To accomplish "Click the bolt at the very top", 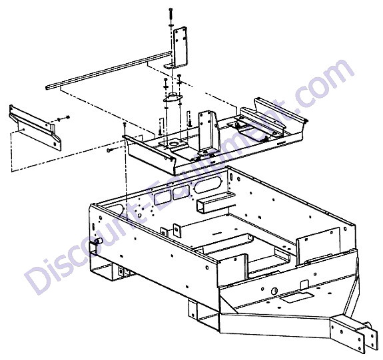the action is (x=171, y=15).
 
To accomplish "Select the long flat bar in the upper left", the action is (x=109, y=71).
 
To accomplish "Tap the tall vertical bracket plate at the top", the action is (x=180, y=48).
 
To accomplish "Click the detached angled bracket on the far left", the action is (x=35, y=127).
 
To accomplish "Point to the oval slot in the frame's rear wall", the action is (x=208, y=184).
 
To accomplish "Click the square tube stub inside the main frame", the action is (x=214, y=202).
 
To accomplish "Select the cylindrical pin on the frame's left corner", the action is (x=99, y=242).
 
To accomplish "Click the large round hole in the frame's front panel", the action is (x=274, y=291).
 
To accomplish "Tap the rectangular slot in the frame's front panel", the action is (x=296, y=297).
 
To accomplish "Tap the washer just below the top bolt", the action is (x=171, y=25).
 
